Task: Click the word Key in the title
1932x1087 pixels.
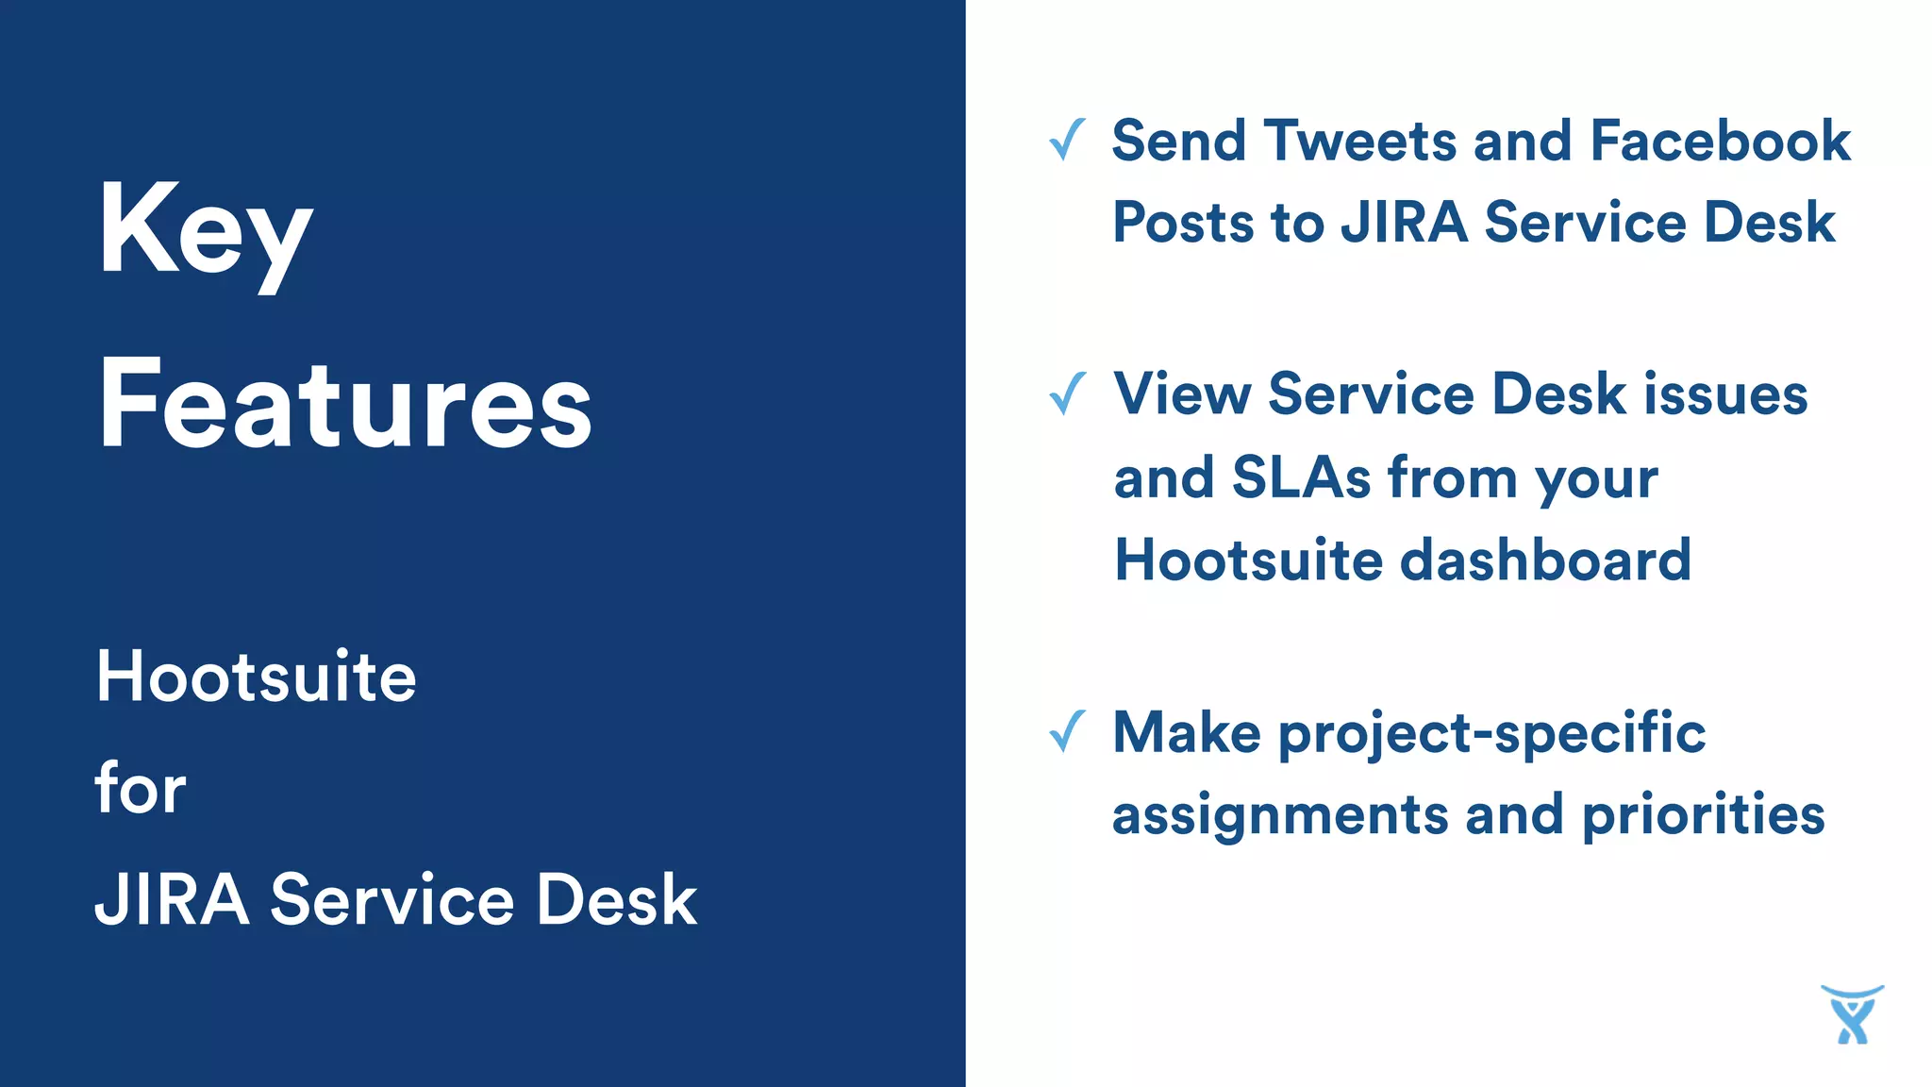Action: tap(205, 231)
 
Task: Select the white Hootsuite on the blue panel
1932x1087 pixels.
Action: tap(256, 677)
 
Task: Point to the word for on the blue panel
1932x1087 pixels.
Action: tap(141, 788)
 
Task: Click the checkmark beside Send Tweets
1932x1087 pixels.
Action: tap(1067, 141)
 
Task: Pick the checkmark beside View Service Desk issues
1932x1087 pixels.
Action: tap(1067, 393)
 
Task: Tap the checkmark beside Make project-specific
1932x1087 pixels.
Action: tap(1067, 732)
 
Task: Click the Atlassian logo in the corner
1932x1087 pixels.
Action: tap(1852, 1014)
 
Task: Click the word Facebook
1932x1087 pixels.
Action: tap(1720, 142)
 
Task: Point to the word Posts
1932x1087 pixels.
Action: tap(1183, 224)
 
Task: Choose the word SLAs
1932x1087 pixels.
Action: tap(1301, 477)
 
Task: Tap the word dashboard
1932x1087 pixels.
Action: tap(1546, 560)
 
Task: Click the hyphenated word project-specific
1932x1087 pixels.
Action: tap(1492, 734)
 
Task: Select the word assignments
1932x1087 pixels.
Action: tap(1280, 815)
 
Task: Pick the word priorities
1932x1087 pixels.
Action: tap(1703, 815)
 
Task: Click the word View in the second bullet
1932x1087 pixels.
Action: tap(1182, 394)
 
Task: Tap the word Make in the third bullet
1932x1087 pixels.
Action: tap(1187, 733)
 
